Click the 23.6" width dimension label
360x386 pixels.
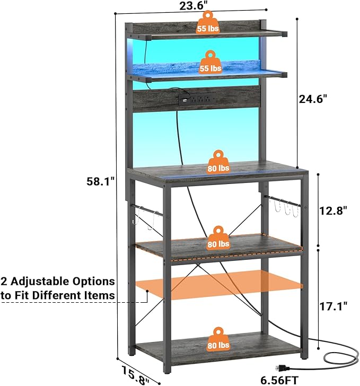[194, 6]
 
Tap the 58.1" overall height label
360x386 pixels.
[100, 181]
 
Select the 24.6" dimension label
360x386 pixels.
[313, 99]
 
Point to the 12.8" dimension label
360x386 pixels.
[333, 210]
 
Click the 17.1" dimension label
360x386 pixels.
[333, 306]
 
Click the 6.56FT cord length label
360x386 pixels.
[279, 380]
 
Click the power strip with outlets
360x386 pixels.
[197, 99]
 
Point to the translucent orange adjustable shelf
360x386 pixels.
[219, 285]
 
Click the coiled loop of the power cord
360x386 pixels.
[341, 357]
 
